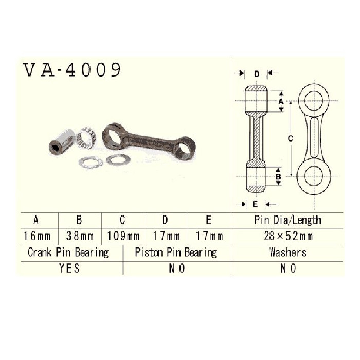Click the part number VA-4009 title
pyautogui.click(x=71, y=70)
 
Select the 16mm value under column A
pyautogui.click(x=37, y=236)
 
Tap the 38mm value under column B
pyautogui.click(x=80, y=236)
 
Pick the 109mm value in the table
pyautogui.click(x=123, y=236)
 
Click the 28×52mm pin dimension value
pyautogui.click(x=288, y=236)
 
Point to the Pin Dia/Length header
pyautogui.click(x=287, y=220)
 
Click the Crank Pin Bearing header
pyautogui.click(x=68, y=253)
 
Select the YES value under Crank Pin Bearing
pyautogui.click(x=69, y=268)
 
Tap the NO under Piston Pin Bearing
pyautogui.click(x=177, y=268)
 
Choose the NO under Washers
pyautogui.click(x=288, y=268)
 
